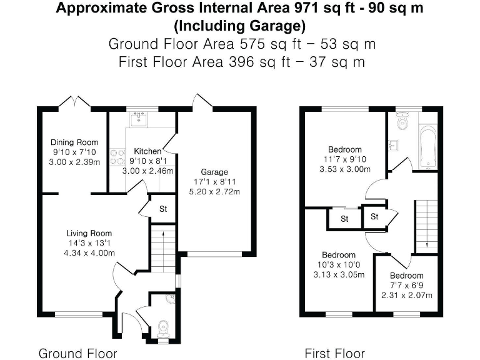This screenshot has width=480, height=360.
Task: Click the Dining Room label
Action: coord(74,142)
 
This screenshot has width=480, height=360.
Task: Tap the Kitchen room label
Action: coord(147,151)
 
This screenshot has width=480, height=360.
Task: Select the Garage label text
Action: coord(214,172)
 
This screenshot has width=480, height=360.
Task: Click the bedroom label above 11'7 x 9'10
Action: coord(345,149)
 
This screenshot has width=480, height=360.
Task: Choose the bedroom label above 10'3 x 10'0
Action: coord(339,255)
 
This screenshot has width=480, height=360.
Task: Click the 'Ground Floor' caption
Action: coord(77,353)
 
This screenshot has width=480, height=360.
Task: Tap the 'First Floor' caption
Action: coord(334,353)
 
